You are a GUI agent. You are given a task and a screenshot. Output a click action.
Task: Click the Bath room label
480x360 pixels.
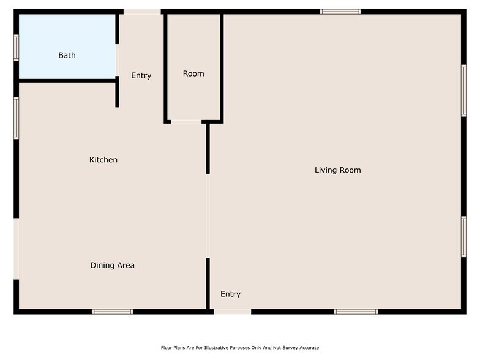click(67, 55)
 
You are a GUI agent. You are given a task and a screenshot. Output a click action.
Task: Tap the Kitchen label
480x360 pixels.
click(103, 160)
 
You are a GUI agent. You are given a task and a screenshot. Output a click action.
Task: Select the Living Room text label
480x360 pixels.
click(337, 170)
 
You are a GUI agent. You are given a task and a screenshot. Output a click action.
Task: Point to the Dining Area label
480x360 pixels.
click(112, 265)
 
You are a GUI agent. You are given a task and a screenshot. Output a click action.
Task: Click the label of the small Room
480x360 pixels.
click(193, 73)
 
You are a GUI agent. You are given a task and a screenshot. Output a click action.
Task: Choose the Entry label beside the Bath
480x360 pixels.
click(141, 75)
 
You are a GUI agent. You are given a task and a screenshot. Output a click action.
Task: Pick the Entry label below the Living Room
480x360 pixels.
click(230, 294)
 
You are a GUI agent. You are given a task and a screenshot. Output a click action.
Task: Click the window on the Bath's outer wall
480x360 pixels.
click(17, 47)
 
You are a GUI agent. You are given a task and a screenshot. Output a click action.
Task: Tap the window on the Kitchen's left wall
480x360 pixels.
click(17, 118)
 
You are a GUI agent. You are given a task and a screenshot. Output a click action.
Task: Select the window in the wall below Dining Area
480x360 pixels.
click(112, 312)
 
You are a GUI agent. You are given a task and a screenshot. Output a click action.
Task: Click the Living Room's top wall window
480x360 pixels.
click(340, 11)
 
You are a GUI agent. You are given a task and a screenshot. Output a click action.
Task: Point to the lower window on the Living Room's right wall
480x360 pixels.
click(463, 236)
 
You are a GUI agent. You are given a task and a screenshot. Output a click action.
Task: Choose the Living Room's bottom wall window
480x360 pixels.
click(356, 312)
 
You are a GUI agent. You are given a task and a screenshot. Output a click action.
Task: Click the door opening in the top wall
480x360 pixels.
click(142, 11)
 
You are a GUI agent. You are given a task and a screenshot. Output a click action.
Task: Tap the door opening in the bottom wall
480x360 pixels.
click(232, 312)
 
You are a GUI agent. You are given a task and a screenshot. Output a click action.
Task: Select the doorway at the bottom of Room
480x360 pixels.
click(186, 121)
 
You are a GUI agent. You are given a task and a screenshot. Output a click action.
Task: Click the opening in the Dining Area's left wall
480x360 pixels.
click(17, 249)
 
